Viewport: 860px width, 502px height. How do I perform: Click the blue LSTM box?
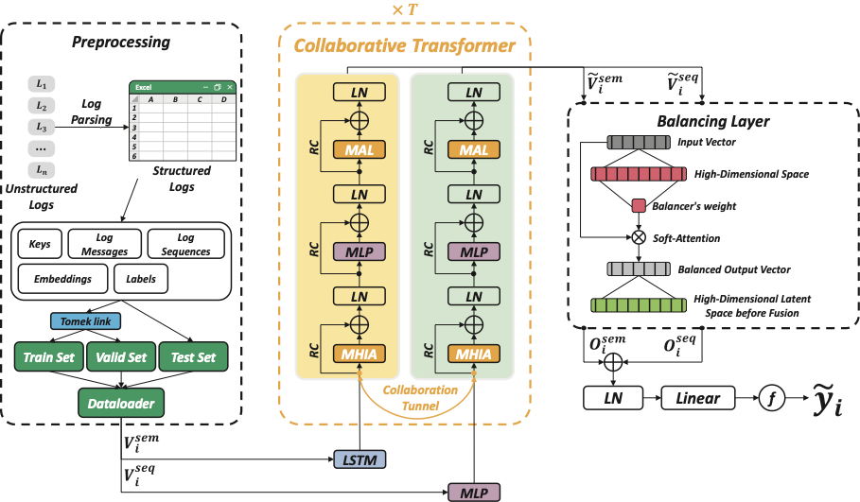(x=360, y=459)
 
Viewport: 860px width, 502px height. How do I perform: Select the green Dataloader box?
(x=122, y=404)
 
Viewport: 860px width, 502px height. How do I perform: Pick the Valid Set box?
(x=121, y=357)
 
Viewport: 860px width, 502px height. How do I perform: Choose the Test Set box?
(x=193, y=357)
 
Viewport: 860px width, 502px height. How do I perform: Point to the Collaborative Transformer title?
(x=405, y=45)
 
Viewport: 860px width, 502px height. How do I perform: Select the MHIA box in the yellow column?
(x=359, y=355)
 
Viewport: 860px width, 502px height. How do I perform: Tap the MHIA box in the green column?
(x=474, y=355)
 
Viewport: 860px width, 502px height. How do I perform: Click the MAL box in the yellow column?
(x=359, y=151)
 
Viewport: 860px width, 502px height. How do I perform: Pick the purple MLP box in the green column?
(x=474, y=252)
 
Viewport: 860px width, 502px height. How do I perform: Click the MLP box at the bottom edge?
(x=474, y=492)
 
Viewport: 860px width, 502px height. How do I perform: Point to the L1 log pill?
(x=42, y=83)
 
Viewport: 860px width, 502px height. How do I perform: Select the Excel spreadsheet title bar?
(x=183, y=87)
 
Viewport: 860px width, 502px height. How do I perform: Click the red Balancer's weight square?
(x=639, y=206)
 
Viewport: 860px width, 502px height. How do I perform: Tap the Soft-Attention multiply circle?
(x=639, y=238)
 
